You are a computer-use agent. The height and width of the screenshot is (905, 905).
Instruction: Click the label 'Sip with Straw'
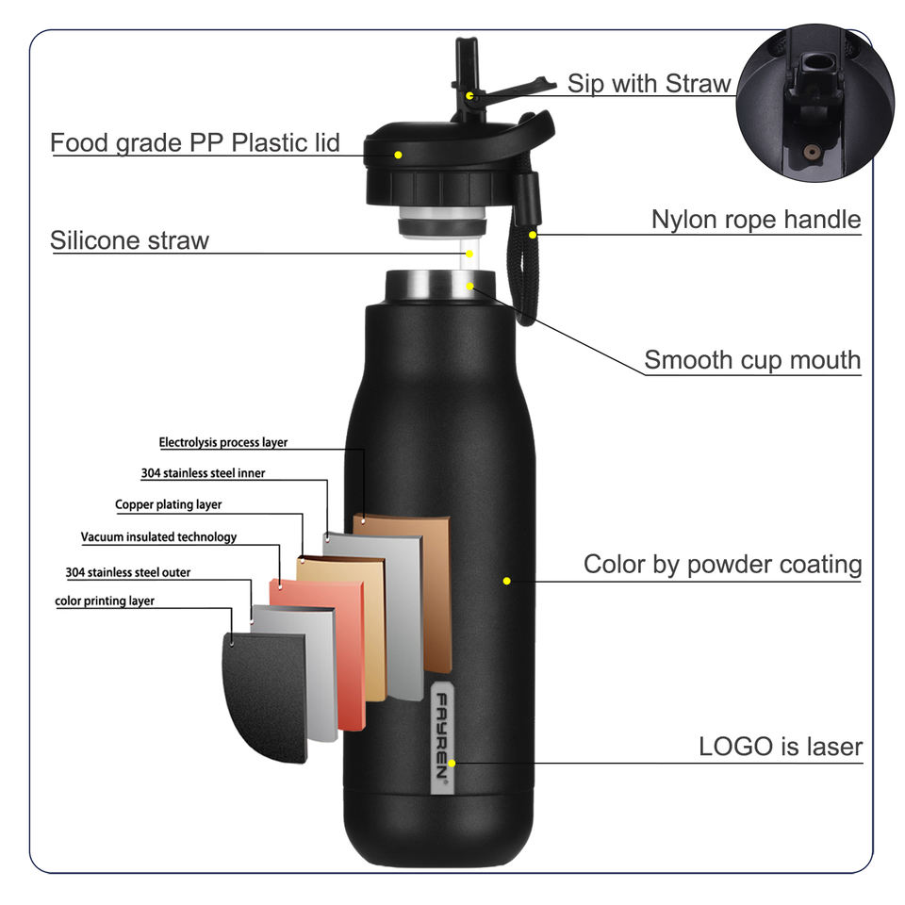point(649,84)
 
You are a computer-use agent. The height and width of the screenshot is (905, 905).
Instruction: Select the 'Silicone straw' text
point(129,240)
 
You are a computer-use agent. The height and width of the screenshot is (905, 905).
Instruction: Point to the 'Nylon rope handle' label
point(756,220)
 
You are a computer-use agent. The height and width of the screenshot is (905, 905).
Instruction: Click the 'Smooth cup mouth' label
point(752,360)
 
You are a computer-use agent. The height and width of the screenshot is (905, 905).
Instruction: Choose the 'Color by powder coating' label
point(722,565)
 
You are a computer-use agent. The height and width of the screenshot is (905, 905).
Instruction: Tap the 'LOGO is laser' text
point(781,748)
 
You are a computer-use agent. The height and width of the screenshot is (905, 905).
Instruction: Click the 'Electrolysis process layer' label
point(223,442)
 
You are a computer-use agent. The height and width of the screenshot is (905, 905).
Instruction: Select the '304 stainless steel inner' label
point(203,473)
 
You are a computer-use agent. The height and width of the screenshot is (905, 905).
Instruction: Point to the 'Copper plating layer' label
point(169,504)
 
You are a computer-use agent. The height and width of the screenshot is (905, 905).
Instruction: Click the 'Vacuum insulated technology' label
point(158,537)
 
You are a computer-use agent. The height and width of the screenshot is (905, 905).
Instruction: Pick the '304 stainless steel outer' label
point(128,572)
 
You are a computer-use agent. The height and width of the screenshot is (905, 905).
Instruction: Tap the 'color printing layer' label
point(105,601)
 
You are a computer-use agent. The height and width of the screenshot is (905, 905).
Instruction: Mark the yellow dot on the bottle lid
point(399,155)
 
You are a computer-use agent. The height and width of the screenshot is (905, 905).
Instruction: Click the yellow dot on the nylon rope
point(533,235)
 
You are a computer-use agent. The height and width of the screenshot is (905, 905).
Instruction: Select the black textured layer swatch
point(264,696)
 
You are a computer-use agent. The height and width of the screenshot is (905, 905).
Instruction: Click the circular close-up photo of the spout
point(814,105)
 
